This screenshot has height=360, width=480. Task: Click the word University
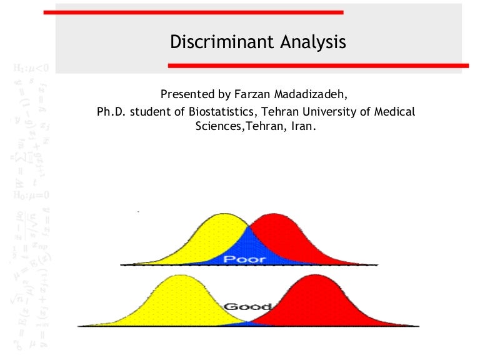click(x=311, y=112)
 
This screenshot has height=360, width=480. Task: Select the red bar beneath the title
click(x=318, y=65)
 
